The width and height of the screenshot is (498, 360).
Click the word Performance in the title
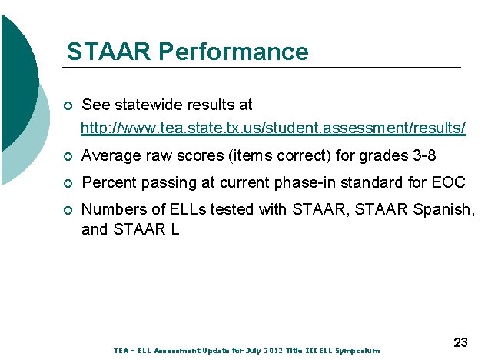click(x=234, y=52)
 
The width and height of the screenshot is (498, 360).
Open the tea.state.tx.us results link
click(x=273, y=126)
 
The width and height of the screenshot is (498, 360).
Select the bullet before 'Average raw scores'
click(x=69, y=157)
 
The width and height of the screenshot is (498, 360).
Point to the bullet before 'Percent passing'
click(x=69, y=184)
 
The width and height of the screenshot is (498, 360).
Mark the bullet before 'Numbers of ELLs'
click(x=69, y=210)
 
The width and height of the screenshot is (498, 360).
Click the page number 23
click(x=461, y=342)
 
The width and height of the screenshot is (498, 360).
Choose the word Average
click(x=111, y=156)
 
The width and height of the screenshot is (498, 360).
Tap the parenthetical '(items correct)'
click(x=280, y=156)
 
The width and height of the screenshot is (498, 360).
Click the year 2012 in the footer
click(x=274, y=351)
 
